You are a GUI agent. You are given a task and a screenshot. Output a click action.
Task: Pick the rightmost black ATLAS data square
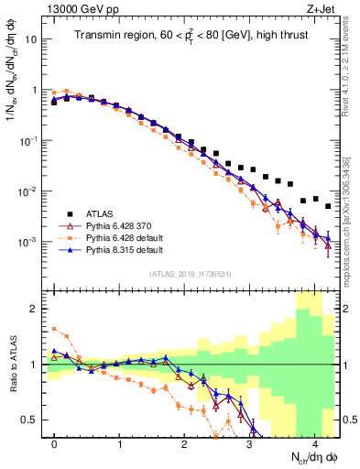pos(328,206)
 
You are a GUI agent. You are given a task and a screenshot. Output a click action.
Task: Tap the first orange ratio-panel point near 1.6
pos(54,329)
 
